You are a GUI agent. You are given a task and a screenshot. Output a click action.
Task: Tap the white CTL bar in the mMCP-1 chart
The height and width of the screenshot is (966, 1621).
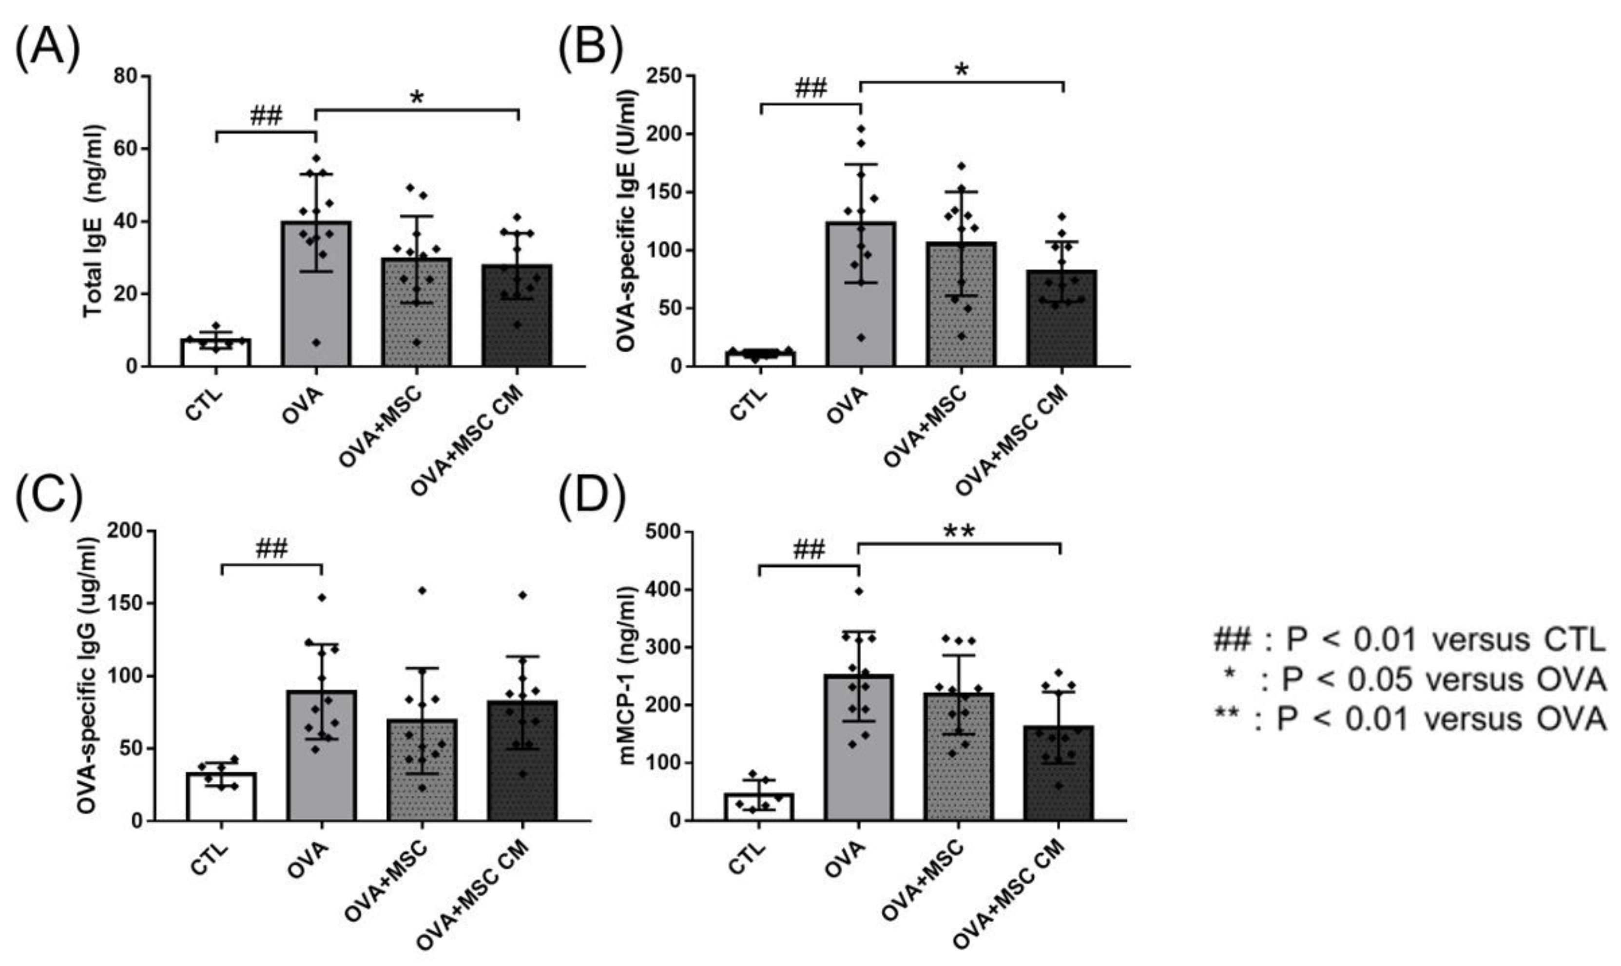(x=758, y=807)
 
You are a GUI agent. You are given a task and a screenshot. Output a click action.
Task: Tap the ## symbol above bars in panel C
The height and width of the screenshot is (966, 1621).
(x=271, y=549)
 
